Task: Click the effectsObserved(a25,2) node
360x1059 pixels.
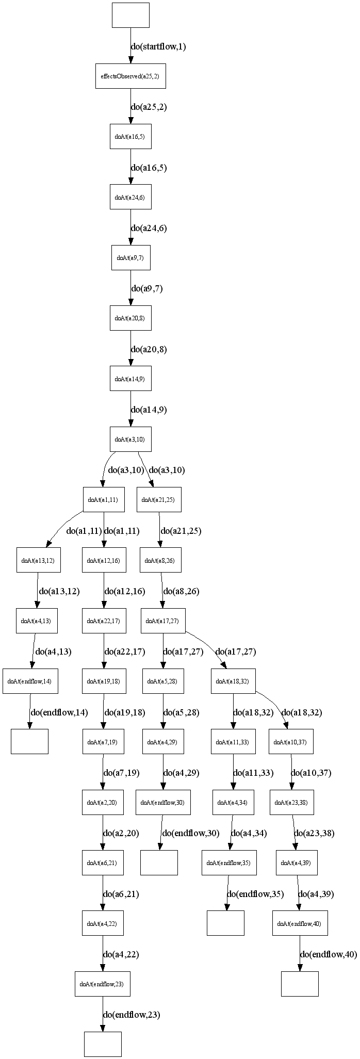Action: [x=130, y=76]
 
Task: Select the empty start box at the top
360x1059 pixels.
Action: [x=130, y=15]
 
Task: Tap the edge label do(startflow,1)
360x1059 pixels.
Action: [x=158, y=47]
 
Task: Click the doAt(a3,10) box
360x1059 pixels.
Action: [x=130, y=439]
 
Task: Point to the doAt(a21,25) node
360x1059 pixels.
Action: [x=159, y=499]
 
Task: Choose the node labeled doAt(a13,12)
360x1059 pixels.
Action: [x=39, y=560]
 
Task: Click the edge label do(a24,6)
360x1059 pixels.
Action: [x=149, y=229]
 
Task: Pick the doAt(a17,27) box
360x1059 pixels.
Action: [x=163, y=621]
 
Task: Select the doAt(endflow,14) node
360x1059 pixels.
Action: [x=29, y=681]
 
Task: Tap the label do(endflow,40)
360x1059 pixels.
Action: [x=328, y=955]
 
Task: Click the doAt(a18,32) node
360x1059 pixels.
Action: [x=233, y=681]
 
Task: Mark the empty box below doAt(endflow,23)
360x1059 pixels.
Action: [x=103, y=1044]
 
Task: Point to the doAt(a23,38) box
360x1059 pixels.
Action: [x=292, y=803]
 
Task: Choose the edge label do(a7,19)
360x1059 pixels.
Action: [x=122, y=773]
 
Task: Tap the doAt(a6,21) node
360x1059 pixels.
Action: [x=103, y=863]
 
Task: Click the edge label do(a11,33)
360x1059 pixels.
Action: [x=253, y=773]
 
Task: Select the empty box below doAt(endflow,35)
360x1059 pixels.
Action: [x=225, y=923]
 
